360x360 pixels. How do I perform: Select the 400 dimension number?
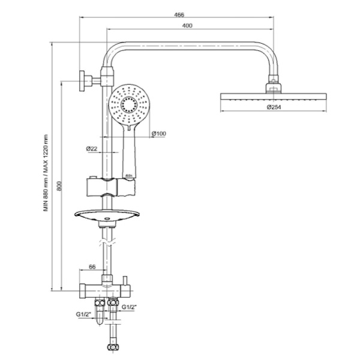[188, 25]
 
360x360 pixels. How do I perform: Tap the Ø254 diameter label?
[274, 108]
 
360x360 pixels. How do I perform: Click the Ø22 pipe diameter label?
[92, 148]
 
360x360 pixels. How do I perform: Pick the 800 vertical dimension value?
[58, 187]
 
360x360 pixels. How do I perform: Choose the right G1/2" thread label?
[130, 307]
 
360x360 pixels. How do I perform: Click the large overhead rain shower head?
[274, 97]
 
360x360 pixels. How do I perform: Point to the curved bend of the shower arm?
[113, 53]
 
